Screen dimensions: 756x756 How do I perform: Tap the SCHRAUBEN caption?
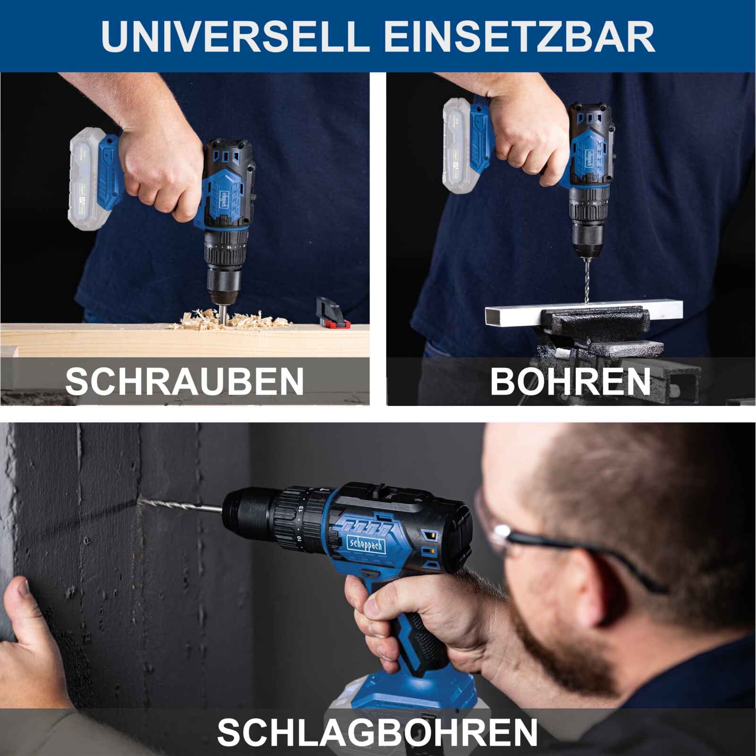tap(184, 381)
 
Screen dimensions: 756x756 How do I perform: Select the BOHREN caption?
tap(570, 381)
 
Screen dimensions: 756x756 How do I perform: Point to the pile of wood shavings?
tap(236, 319)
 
